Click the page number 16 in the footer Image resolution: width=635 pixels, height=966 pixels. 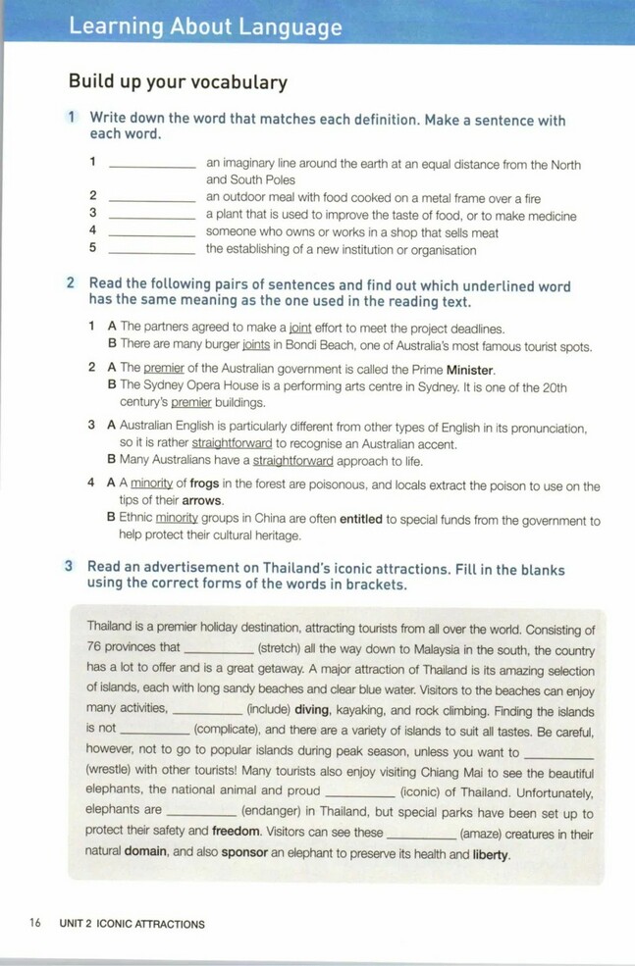coord(35,923)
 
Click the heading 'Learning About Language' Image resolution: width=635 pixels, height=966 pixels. coord(205,26)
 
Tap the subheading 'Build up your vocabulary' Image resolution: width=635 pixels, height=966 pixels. coord(178,81)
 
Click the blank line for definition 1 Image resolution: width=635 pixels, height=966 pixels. coord(152,167)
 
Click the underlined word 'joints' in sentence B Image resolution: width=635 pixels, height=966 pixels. coord(256,346)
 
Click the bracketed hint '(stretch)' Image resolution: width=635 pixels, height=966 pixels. coord(285,648)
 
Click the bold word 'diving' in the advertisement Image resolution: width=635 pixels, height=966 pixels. coord(312,708)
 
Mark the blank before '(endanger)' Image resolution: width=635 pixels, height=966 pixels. coord(201,812)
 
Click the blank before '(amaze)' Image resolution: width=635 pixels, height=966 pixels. coord(422,834)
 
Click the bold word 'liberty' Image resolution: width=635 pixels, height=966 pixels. coord(491,854)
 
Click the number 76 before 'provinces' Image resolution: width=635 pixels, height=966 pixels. coord(95,648)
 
